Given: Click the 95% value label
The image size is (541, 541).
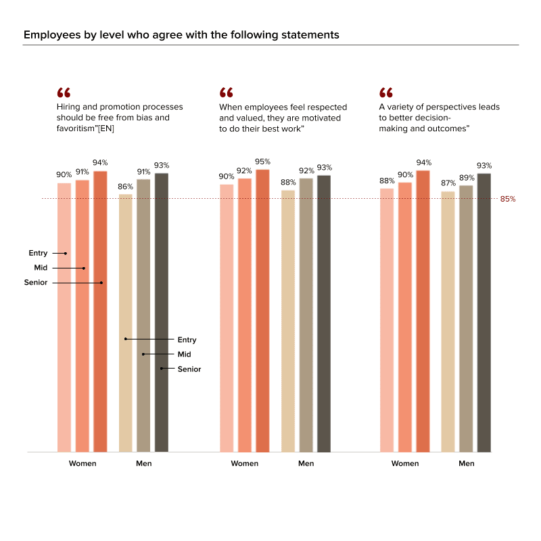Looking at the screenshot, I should pyautogui.click(x=262, y=162).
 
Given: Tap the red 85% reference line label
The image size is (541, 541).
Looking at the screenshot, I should pyautogui.click(x=508, y=199).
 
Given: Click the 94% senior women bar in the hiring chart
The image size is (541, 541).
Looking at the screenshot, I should pyautogui.click(x=100, y=311).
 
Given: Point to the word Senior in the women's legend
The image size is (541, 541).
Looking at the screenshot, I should pyautogui.click(x=36, y=283).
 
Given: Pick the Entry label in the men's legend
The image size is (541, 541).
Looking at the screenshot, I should pyautogui.click(x=187, y=339).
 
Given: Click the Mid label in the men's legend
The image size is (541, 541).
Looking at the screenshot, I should pyautogui.click(x=185, y=354).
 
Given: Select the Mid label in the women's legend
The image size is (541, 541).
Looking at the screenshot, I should pyautogui.click(x=41, y=268).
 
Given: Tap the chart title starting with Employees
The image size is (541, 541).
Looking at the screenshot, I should pyautogui.click(x=181, y=34).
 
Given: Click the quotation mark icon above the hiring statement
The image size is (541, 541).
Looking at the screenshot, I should pyautogui.click(x=64, y=93).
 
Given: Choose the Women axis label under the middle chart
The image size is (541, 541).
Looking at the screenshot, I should pyautogui.click(x=244, y=464).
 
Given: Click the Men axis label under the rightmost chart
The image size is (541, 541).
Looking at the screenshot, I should pyautogui.click(x=466, y=464).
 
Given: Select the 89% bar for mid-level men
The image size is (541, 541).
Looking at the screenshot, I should pyautogui.click(x=466, y=318).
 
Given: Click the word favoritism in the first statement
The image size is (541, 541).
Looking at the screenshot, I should pyautogui.click(x=77, y=128).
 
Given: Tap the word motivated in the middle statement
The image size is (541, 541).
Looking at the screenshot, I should pyautogui.click(x=319, y=118).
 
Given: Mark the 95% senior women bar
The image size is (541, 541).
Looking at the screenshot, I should pyautogui.click(x=262, y=310).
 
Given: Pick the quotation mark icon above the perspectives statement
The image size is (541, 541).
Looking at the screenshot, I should pyautogui.click(x=386, y=93).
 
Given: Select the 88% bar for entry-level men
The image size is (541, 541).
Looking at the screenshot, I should pyautogui.click(x=287, y=321).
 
